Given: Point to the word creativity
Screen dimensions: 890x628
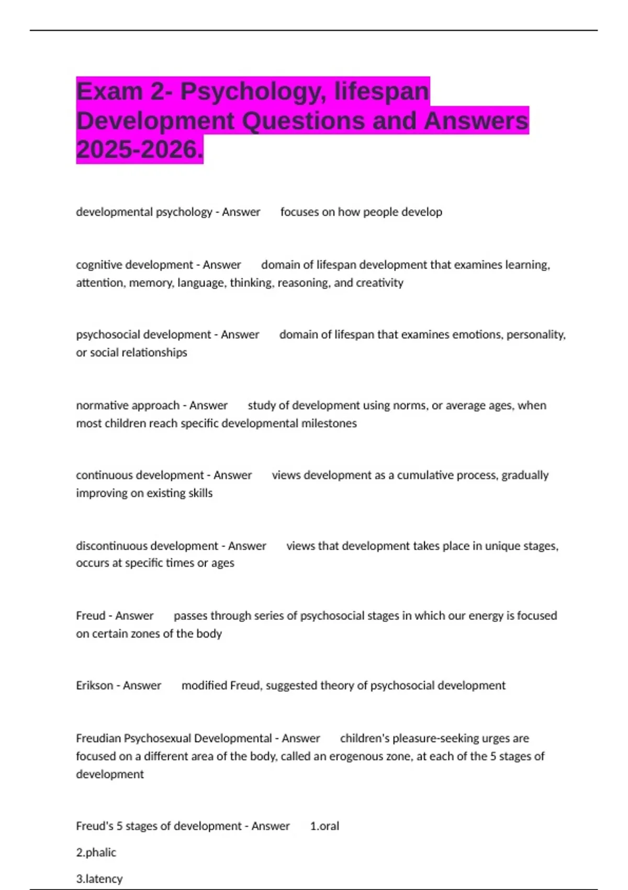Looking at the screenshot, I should pos(379,283).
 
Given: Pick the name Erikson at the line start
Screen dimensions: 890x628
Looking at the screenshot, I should pos(94,685).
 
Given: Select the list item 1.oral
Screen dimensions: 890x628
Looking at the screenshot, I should pos(324,826).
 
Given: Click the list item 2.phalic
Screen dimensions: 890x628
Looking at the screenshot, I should pos(96,852).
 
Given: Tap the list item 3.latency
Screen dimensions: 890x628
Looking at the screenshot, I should pos(99,878).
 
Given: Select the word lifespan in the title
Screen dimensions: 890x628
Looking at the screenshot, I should pos(382,92).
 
